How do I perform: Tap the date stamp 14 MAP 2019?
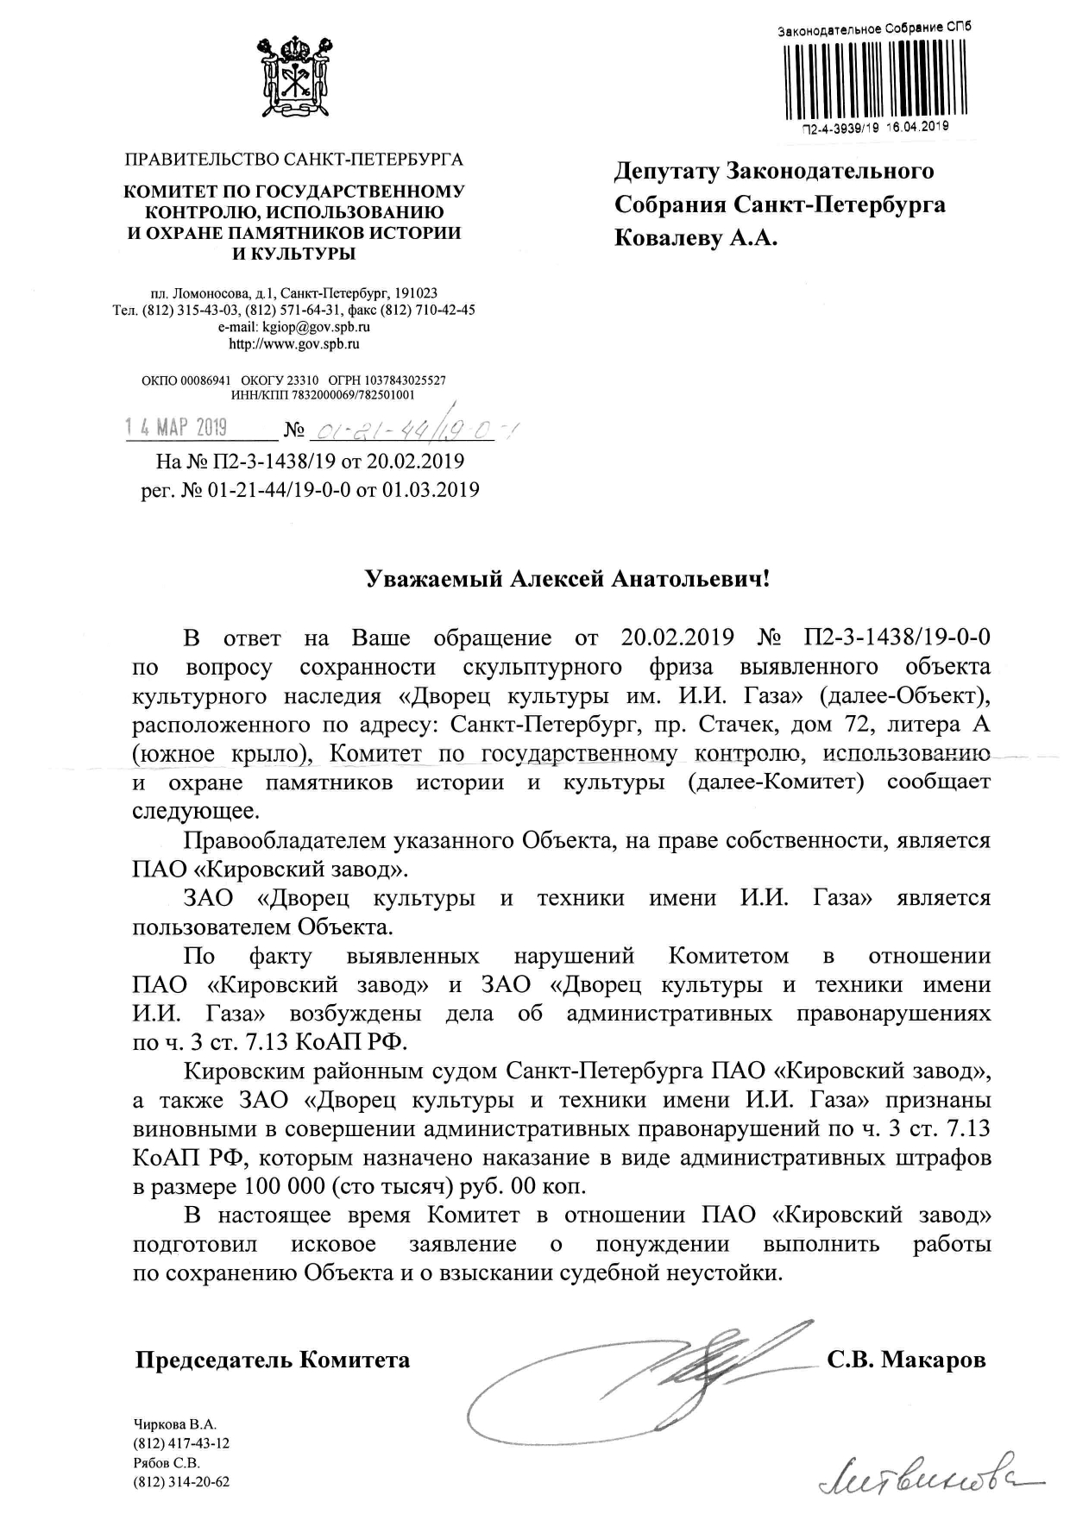pos(176,427)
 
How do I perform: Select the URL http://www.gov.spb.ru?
pos(293,344)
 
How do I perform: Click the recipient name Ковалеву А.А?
pos(695,238)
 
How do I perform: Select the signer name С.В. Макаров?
pos(906,1360)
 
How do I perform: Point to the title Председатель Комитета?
pos(273,1360)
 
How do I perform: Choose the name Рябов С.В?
pos(167,1463)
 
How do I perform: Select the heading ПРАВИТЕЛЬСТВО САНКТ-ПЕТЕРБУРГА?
pos(293,160)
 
